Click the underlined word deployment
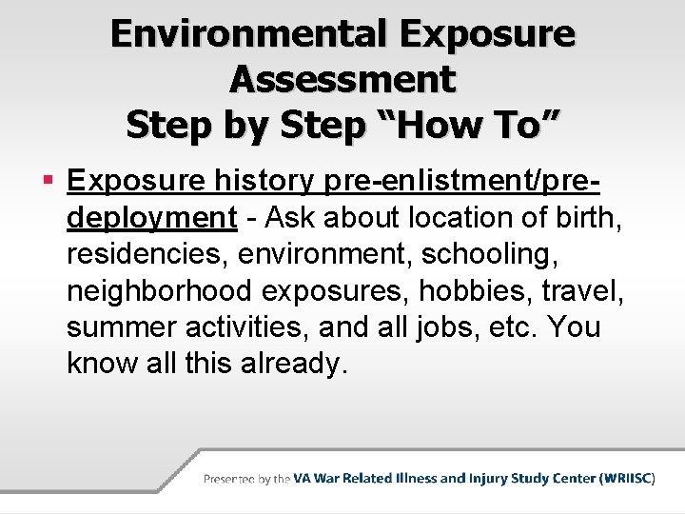(152, 218)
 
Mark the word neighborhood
(167, 290)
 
